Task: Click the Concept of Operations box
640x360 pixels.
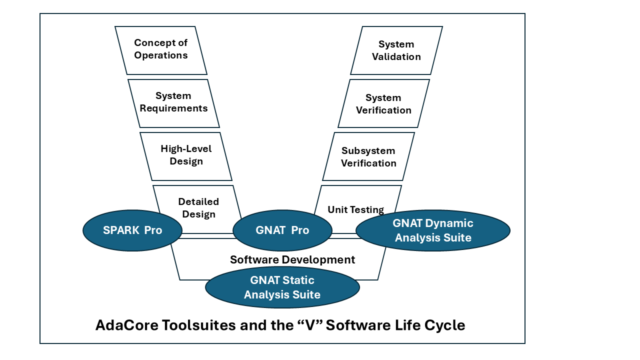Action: click(x=161, y=50)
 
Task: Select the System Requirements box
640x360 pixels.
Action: click(x=173, y=102)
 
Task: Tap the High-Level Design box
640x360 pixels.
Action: click(x=186, y=155)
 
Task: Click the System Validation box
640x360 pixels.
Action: click(x=396, y=50)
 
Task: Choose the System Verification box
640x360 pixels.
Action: click(x=383, y=104)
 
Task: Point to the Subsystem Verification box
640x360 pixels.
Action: click(x=368, y=157)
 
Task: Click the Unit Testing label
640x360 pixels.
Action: click(x=355, y=209)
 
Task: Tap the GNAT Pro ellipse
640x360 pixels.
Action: click(x=282, y=230)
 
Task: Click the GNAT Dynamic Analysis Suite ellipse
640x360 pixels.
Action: click(x=433, y=230)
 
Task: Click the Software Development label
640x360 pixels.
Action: click(x=292, y=260)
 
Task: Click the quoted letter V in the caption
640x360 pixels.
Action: click(x=317, y=325)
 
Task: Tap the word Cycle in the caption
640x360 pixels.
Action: click(x=444, y=325)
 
